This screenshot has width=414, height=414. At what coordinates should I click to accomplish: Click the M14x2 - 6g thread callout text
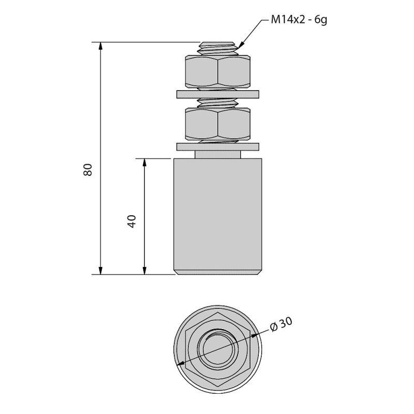coord(299,20)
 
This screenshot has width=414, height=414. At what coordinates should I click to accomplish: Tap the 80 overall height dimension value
coord(87,170)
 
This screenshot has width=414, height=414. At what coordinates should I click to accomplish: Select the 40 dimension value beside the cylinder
coord(131,221)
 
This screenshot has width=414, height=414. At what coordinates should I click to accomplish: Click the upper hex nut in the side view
coord(218,71)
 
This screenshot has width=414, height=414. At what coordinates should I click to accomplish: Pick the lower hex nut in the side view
coord(218,124)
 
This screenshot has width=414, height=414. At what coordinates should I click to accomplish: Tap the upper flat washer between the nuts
coord(218,94)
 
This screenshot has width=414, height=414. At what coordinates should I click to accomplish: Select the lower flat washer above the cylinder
coord(218,147)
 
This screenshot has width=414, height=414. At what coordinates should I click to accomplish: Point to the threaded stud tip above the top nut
coord(218,48)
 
